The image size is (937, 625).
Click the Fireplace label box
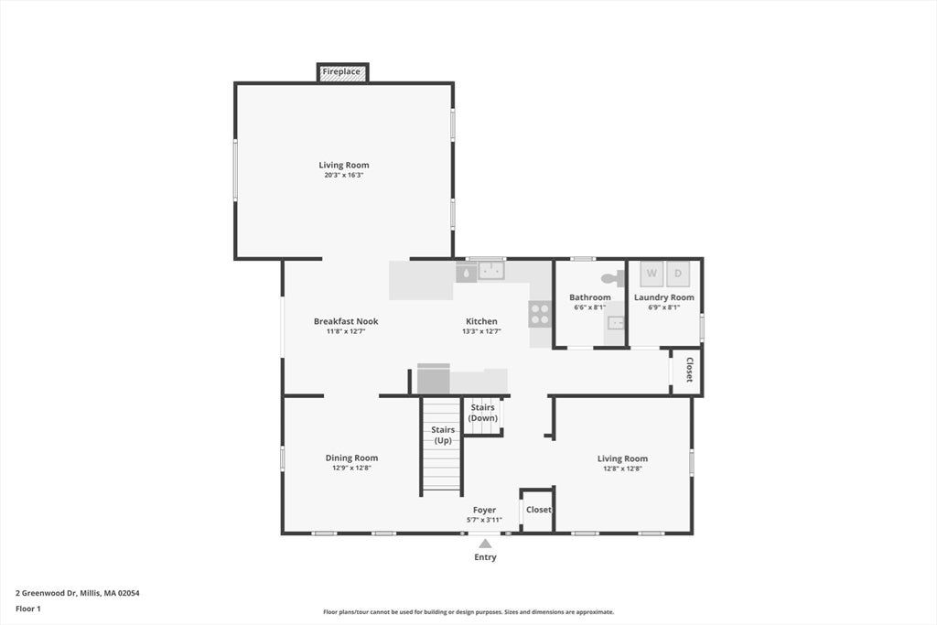(x=342, y=71)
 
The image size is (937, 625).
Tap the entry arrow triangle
(x=485, y=544)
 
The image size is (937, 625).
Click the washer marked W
(x=652, y=274)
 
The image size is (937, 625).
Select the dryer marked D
(x=678, y=274)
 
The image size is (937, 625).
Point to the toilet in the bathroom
(x=613, y=278)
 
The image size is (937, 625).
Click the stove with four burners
(x=540, y=314)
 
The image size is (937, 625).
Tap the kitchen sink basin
(x=491, y=271)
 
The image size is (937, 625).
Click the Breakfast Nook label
(x=346, y=321)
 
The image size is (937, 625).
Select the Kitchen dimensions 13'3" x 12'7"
(x=481, y=331)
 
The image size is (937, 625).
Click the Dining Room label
(x=351, y=458)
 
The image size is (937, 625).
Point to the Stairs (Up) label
(x=443, y=435)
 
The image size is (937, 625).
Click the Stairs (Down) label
(x=483, y=413)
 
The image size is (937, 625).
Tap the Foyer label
(x=484, y=510)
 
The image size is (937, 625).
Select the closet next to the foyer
(x=538, y=510)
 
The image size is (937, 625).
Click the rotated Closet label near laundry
(x=689, y=370)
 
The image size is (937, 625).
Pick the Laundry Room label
(x=664, y=297)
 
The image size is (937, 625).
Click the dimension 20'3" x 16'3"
(x=344, y=175)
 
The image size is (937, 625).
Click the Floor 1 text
(x=28, y=609)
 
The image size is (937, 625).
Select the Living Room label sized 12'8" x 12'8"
(x=622, y=458)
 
